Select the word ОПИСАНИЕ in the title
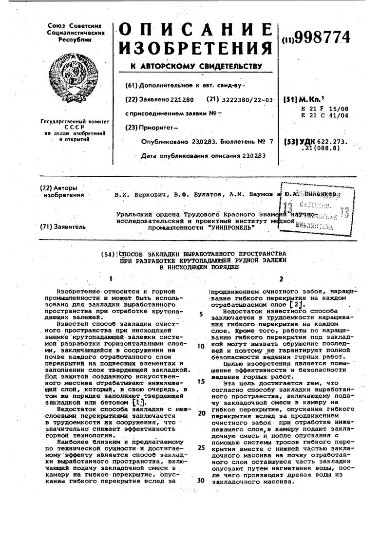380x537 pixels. [195, 31]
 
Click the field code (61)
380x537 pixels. [132, 85]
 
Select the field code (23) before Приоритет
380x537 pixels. [132, 128]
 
